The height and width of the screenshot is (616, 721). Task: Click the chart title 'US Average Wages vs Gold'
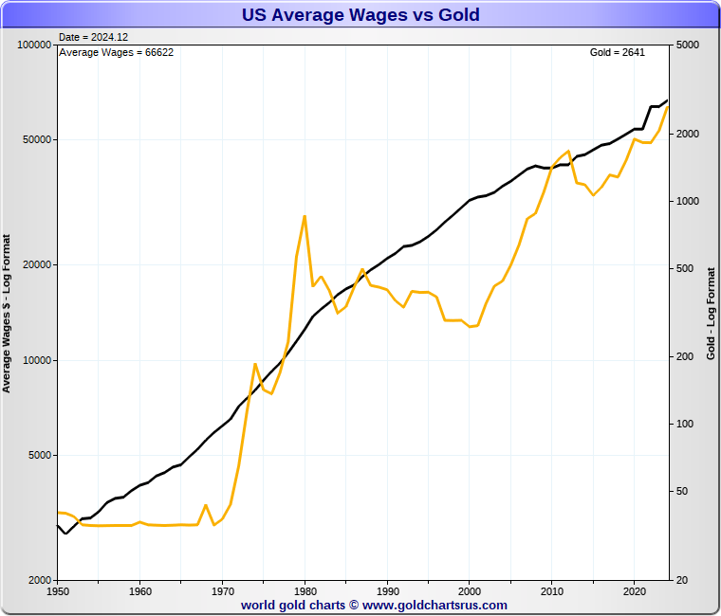tap(360, 15)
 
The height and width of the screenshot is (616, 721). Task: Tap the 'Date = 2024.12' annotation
tap(93, 37)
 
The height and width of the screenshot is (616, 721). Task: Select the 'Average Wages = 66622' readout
tap(116, 52)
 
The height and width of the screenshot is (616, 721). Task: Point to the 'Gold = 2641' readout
tap(618, 52)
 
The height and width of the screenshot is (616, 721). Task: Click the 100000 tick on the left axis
tap(33, 45)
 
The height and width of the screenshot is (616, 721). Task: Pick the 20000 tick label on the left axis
tap(36, 264)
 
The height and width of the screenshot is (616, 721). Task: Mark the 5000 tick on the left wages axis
tap(39, 455)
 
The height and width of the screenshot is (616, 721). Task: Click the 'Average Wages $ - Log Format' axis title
tap(7, 313)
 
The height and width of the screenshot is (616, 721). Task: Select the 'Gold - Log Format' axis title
tap(711, 313)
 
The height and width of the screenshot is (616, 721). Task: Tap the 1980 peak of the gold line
tap(305, 216)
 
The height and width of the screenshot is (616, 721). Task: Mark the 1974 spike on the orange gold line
tap(255, 364)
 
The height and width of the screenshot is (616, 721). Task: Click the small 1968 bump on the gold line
tap(206, 505)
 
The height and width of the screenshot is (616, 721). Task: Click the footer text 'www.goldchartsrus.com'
tap(434, 605)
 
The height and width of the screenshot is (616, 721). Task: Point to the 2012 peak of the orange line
tap(568, 152)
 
